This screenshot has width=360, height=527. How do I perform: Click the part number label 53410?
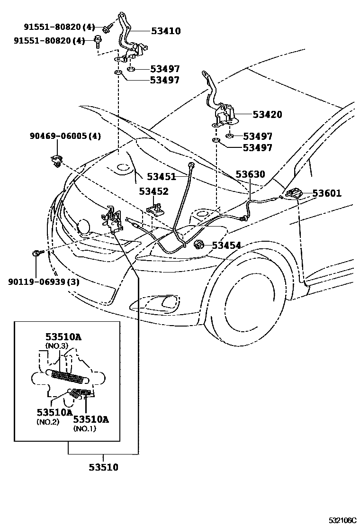pyautogui.click(x=166, y=31)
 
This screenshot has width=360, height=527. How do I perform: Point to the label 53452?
pyautogui.click(x=153, y=191)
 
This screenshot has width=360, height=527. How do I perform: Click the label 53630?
pyautogui.click(x=250, y=174)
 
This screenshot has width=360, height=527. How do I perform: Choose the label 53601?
pyautogui.click(x=327, y=193)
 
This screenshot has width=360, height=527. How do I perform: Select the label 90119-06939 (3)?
pyautogui.click(x=44, y=282)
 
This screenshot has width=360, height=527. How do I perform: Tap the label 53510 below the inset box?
pyautogui.click(x=103, y=467)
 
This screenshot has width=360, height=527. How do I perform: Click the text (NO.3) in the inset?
pyautogui.click(x=57, y=346)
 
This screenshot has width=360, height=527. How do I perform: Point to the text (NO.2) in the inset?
pyautogui.click(x=47, y=421)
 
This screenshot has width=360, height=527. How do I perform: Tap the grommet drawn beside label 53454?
pyautogui.click(x=199, y=245)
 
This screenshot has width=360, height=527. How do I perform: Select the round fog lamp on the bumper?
pyautogui.click(x=84, y=227)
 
